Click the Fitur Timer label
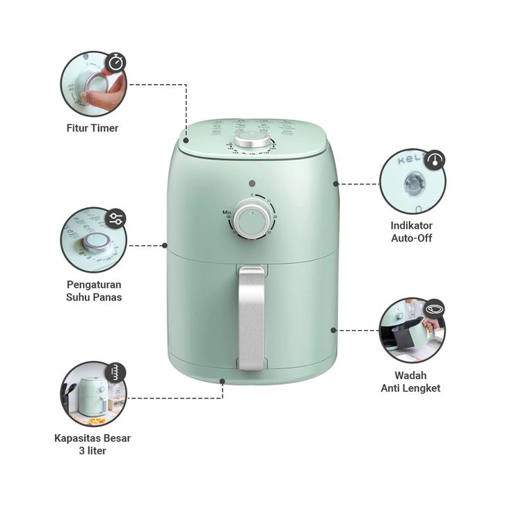(x=93, y=128)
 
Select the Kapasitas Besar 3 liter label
(x=93, y=444)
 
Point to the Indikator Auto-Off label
(x=412, y=232)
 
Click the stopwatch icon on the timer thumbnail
(x=116, y=63)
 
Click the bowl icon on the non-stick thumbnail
(x=435, y=309)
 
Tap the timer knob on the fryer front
(x=251, y=221)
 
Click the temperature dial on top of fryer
(x=252, y=141)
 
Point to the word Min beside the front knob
(x=227, y=211)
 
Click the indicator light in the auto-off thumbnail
(x=411, y=182)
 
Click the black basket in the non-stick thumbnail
(x=408, y=337)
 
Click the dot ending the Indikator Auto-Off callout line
(x=336, y=184)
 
